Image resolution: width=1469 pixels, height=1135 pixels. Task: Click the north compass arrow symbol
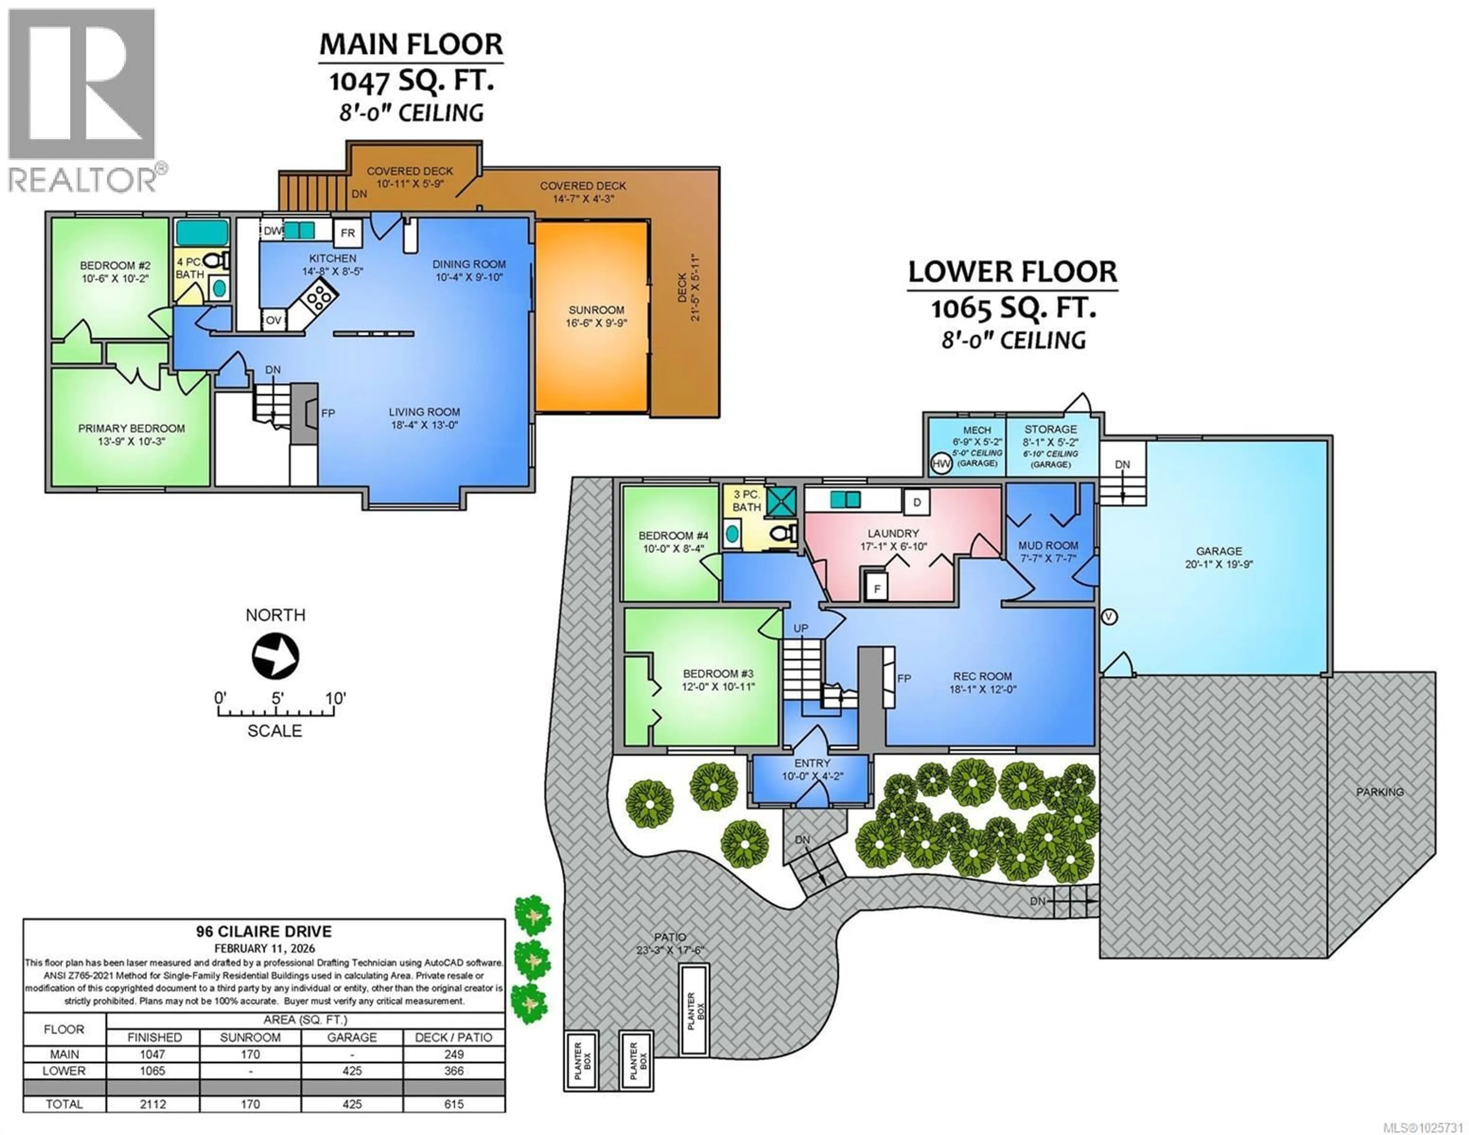point(275,655)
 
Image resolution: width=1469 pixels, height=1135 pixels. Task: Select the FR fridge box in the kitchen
point(347,233)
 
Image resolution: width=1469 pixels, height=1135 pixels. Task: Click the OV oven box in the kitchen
point(273,320)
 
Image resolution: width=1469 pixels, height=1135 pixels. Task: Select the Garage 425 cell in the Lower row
point(352,1070)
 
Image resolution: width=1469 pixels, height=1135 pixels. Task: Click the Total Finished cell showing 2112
point(153,1104)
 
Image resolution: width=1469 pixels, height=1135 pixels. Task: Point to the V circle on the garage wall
point(1109,616)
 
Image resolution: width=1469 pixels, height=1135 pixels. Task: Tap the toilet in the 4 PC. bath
point(214,261)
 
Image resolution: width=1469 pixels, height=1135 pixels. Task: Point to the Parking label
point(1379,792)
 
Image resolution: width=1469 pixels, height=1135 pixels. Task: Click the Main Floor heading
point(410,44)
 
